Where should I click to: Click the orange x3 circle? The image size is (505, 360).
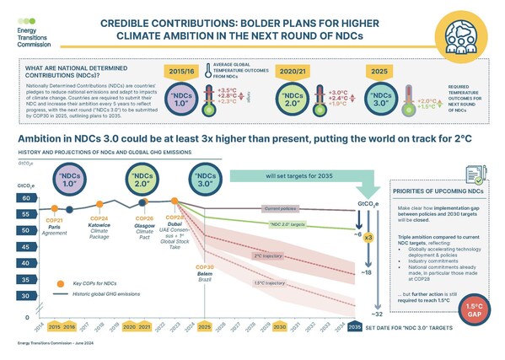(367, 239)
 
